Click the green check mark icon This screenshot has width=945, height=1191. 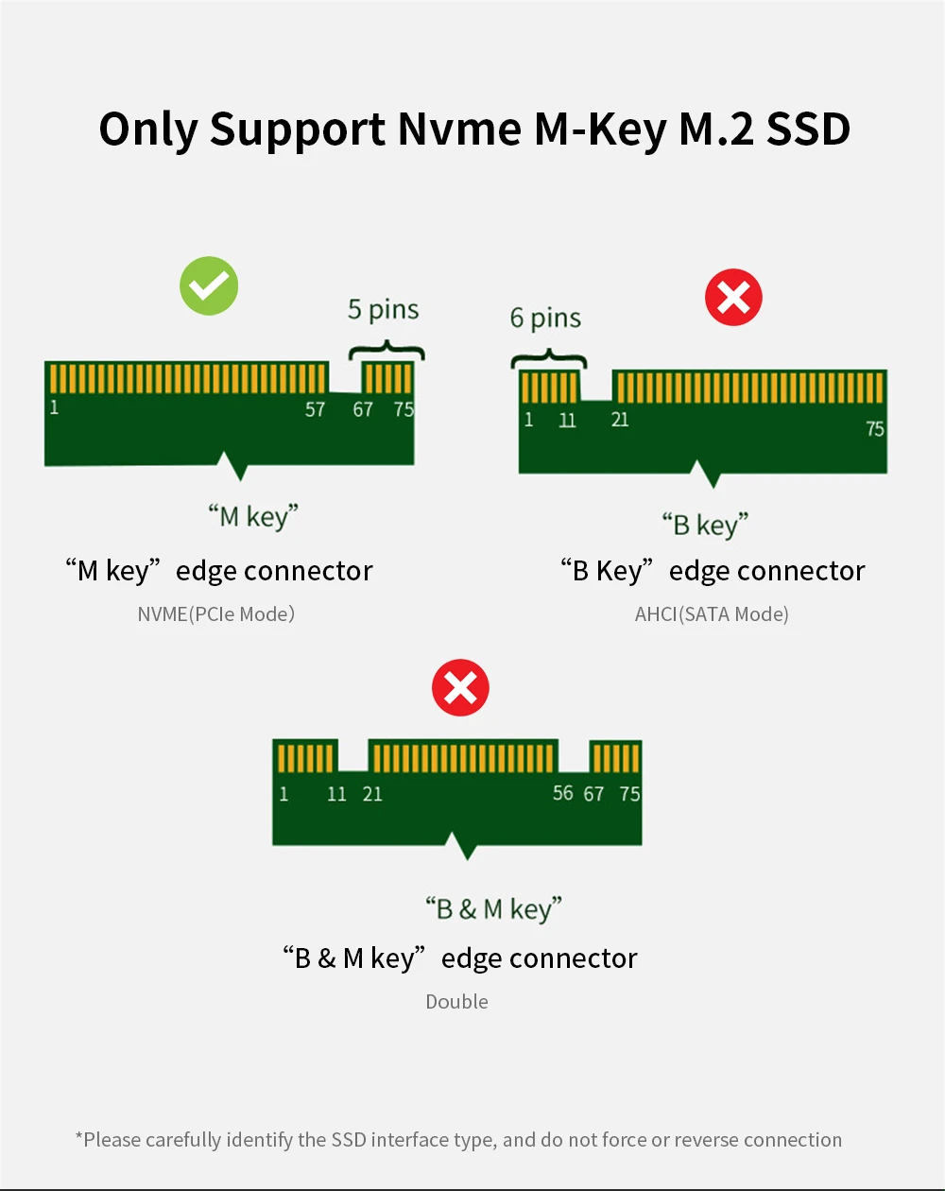point(209,285)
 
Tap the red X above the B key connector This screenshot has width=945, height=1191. point(733,299)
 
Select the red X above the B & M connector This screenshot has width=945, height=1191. point(460,688)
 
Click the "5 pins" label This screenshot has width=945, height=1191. point(383,310)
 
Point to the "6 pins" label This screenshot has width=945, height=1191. point(546,319)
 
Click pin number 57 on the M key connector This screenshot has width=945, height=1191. point(315,409)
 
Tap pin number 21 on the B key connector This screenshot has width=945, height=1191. point(620,419)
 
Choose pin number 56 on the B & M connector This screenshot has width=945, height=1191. point(563,793)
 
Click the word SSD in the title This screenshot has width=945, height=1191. point(808,129)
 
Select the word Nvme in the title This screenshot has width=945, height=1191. point(458,129)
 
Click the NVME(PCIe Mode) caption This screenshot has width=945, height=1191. point(216,614)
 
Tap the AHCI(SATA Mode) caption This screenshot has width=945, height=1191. point(712,614)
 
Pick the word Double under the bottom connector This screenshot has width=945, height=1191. point(456,1002)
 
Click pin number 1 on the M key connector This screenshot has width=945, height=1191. point(55,408)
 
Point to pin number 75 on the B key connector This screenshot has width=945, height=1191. point(875,429)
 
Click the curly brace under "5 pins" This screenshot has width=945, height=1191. point(387,352)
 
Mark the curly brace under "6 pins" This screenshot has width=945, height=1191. point(549,360)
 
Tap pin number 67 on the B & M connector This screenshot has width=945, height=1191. point(593,794)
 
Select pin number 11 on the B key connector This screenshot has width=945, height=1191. point(567,421)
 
